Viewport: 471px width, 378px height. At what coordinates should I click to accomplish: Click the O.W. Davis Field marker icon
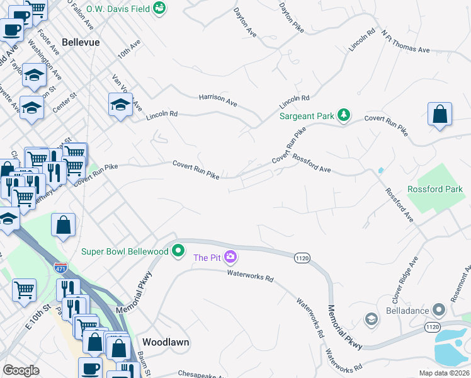tap(161, 8)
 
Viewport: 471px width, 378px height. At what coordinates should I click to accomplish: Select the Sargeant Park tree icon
tap(343, 115)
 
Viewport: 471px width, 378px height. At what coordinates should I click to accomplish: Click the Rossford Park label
tap(435, 189)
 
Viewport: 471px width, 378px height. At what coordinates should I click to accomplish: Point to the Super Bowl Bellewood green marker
tap(178, 251)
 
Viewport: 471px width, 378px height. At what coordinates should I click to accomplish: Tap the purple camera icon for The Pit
tap(230, 256)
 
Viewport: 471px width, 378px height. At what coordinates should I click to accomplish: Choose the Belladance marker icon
tap(439, 311)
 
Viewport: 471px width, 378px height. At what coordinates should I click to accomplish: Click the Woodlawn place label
tap(166, 342)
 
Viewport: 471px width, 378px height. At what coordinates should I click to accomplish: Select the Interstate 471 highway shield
tap(61, 267)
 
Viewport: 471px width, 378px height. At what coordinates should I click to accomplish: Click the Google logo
tap(21, 370)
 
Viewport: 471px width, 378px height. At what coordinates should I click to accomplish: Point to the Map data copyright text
tap(444, 373)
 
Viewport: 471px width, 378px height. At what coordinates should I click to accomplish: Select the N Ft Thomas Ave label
tap(406, 42)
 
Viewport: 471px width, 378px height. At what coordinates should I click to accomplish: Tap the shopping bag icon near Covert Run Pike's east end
tap(440, 115)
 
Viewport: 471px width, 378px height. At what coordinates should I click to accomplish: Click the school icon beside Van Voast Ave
tap(120, 105)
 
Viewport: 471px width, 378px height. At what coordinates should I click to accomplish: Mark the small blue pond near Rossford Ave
tap(380, 170)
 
